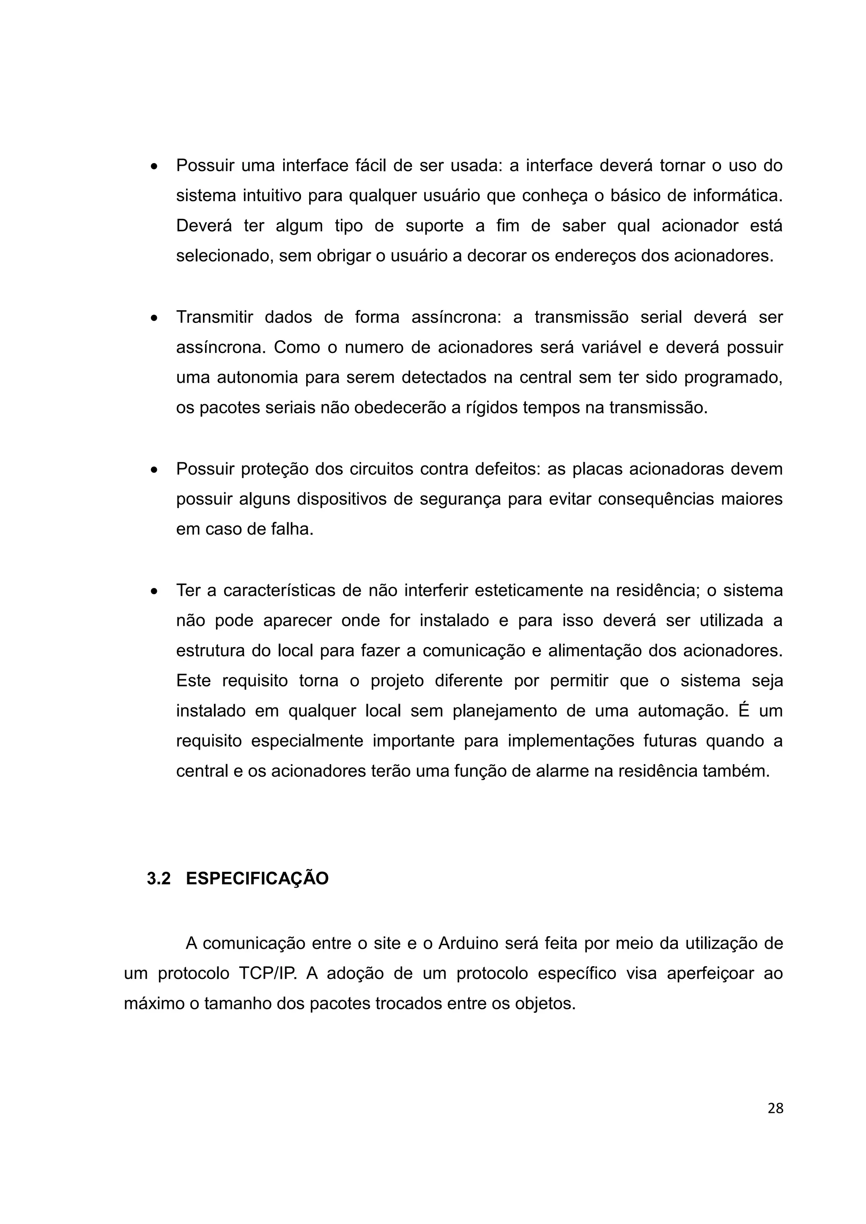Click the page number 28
[776, 1108]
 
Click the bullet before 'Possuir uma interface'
[154, 167]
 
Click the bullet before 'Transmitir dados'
[154, 318]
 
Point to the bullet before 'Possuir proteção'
[154, 470]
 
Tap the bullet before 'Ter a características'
[154, 592]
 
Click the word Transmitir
[214, 317]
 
